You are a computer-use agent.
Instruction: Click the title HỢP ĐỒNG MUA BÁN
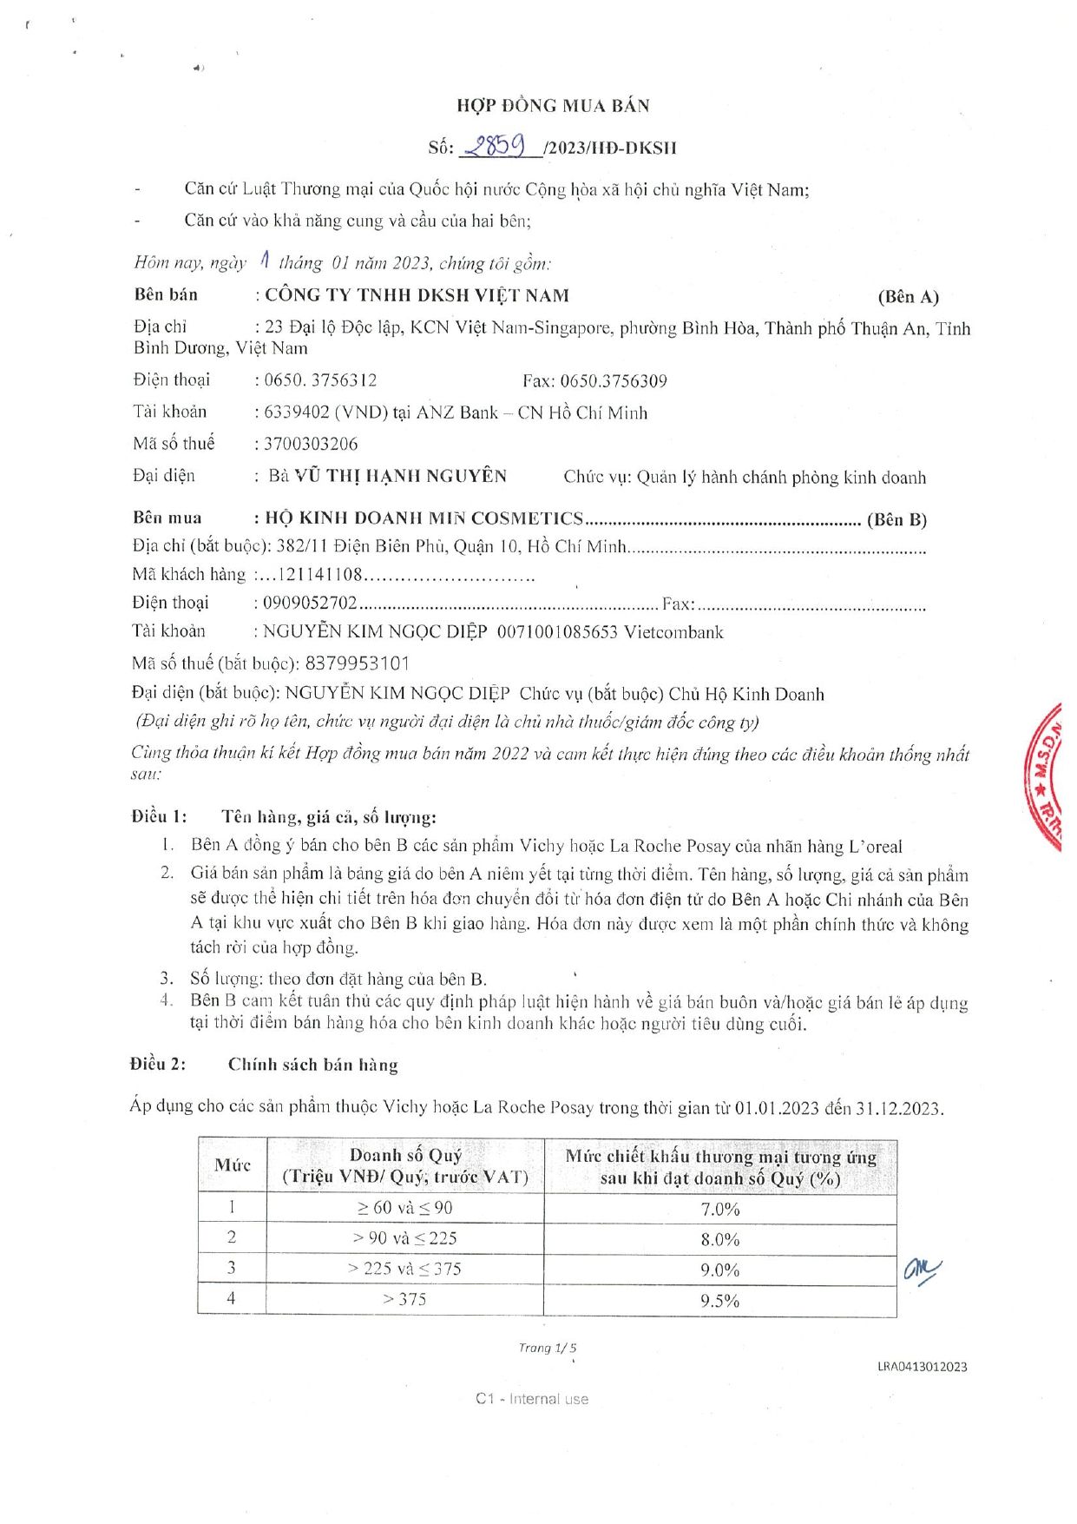pyautogui.click(x=553, y=106)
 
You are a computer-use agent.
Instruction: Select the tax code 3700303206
pyautogui.click(x=311, y=444)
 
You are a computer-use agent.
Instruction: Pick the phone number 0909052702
pyautogui.click(x=310, y=603)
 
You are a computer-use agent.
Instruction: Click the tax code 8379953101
pyautogui.click(x=357, y=663)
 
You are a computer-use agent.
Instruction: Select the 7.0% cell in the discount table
pyautogui.click(x=719, y=1209)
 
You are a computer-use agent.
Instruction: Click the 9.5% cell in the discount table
pyautogui.click(x=719, y=1301)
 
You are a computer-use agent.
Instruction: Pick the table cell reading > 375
pyautogui.click(x=404, y=1299)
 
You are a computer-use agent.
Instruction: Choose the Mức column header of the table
pyautogui.click(x=233, y=1165)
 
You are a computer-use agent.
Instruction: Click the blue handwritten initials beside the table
pyautogui.click(x=921, y=1271)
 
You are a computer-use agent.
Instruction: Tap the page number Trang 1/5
pyautogui.click(x=547, y=1348)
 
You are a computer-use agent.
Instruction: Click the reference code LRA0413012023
pyautogui.click(x=922, y=1366)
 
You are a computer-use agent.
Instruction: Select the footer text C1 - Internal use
pyautogui.click(x=531, y=1399)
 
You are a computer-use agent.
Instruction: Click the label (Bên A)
pyautogui.click(x=908, y=297)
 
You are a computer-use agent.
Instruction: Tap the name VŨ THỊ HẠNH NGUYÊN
pyautogui.click(x=400, y=476)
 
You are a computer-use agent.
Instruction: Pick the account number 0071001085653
pyautogui.click(x=557, y=632)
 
